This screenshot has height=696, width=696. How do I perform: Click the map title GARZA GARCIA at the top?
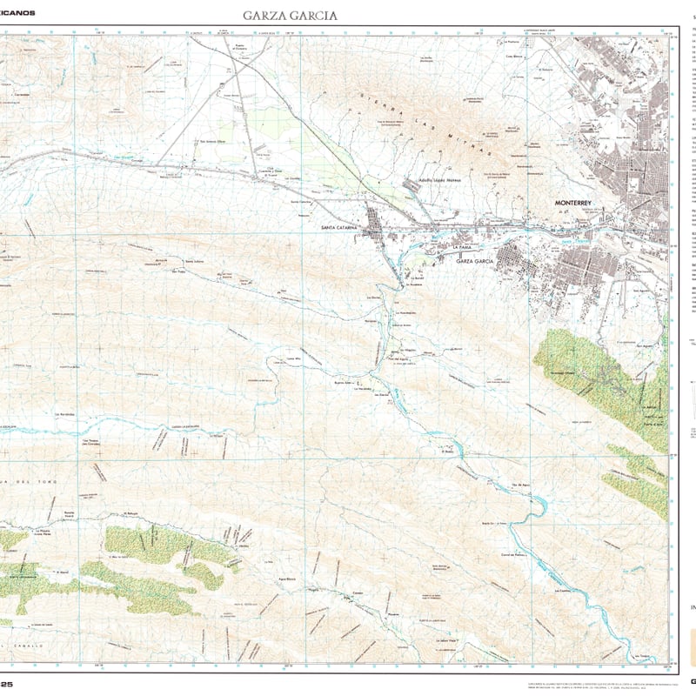pos(290,16)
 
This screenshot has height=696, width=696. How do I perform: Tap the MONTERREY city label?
pos(574,203)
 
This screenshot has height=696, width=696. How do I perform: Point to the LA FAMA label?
pos(461,248)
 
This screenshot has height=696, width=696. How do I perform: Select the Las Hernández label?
pos(69,414)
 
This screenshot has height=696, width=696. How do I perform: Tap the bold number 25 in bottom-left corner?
pos(10,685)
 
